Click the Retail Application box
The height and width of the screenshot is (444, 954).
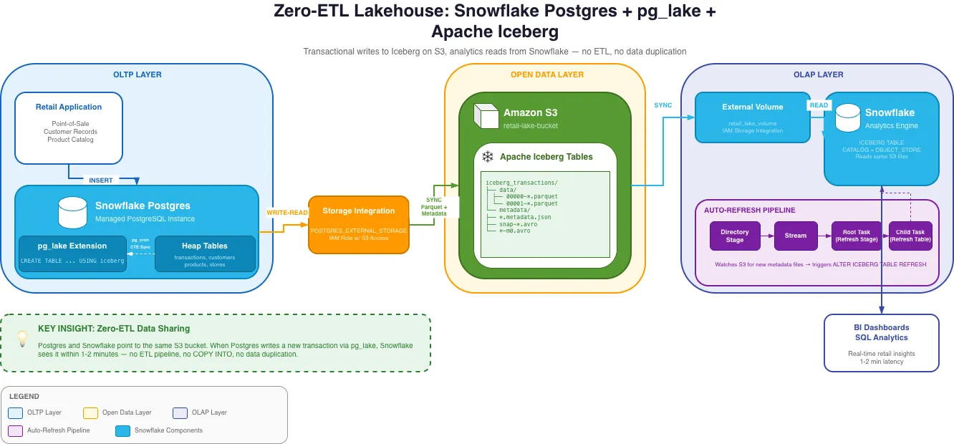(x=69, y=127)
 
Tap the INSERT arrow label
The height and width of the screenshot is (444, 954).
(x=101, y=180)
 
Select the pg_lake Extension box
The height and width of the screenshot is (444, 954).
(x=72, y=254)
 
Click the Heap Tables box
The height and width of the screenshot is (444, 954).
(x=205, y=254)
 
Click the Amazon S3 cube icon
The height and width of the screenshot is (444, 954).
(x=485, y=117)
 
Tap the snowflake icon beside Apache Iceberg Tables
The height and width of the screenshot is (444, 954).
(x=488, y=157)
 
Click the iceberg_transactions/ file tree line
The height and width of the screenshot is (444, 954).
(x=521, y=183)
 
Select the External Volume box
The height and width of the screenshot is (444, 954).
(x=753, y=117)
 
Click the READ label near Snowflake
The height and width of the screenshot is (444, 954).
(x=819, y=105)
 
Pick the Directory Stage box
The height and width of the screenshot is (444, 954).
(x=735, y=236)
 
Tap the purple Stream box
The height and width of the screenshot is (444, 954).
(x=796, y=236)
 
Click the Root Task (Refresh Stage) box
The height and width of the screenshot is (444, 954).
(x=856, y=236)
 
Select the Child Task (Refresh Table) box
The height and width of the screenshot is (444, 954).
(x=910, y=236)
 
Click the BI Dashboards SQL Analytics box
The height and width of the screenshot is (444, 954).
(x=881, y=343)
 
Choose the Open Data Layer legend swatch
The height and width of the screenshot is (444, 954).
(x=90, y=412)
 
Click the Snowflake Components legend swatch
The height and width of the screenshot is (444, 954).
(x=122, y=430)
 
